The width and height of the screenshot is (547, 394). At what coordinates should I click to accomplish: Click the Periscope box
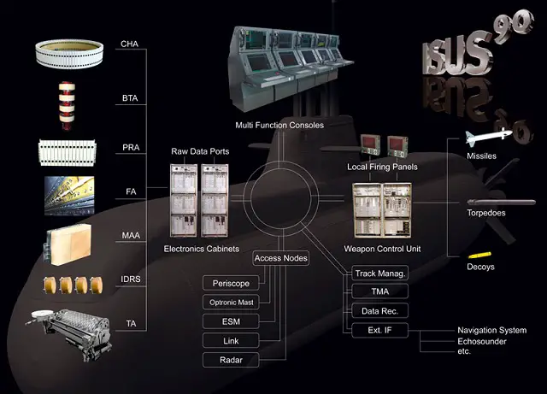(x=231, y=283)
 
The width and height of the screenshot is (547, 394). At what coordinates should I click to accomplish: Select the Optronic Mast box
(x=231, y=303)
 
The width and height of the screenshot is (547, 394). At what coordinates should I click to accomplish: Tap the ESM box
(x=231, y=321)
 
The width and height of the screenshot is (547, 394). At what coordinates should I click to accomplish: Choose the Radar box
(x=231, y=360)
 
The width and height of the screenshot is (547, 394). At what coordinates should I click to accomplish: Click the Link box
(x=231, y=341)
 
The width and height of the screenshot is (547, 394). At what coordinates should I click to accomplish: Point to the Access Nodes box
(x=281, y=258)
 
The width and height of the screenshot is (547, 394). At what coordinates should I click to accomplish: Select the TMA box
(x=379, y=291)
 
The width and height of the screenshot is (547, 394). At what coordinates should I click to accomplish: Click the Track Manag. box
(x=379, y=273)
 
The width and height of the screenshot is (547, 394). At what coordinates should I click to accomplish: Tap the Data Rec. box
(x=379, y=311)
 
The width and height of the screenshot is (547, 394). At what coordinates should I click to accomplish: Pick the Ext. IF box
(x=379, y=330)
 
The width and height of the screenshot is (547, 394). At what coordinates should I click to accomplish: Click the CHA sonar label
(x=129, y=44)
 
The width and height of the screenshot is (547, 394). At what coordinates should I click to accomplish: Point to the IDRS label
(x=131, y=279)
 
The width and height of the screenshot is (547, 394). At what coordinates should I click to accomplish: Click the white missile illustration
(x=489, y=137)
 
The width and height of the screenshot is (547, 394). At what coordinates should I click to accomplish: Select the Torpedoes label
(x=486, y=213)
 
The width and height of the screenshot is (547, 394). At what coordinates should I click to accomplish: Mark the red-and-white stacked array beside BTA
(x=67, y=105)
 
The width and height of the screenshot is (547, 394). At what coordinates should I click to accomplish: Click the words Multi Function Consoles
(x=279, y=126)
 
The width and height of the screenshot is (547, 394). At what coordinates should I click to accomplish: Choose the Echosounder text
(x=482, y=341)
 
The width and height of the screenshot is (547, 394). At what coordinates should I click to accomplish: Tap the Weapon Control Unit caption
(x=382, y=249)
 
